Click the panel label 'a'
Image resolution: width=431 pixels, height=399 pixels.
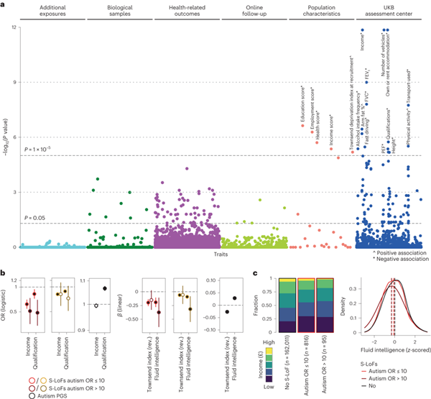pos(4,4)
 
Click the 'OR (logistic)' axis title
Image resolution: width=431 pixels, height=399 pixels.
pos(6,303)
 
